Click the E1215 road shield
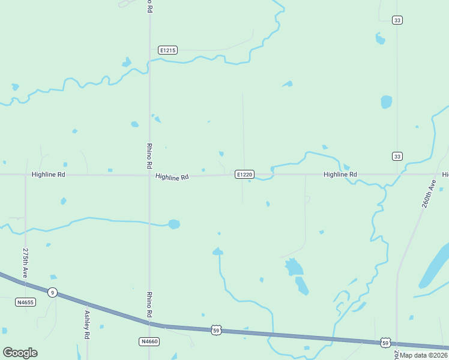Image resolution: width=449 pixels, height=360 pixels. click(x=167, y=50)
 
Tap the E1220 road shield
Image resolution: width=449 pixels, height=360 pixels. click(x=244, y=175)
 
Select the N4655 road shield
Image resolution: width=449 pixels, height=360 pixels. click(x=26, y=302)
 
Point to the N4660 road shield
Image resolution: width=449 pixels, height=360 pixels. click(x=149, y=341)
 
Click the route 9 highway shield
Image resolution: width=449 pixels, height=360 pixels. click(x=53, y=292)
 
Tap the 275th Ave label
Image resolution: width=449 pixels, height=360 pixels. click(x=26, y=262)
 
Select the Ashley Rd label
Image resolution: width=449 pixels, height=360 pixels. click(x=87, y=325)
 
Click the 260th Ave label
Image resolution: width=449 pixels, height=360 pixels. click(x=428, y=193)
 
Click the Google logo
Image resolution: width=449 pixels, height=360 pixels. click(x=20, y=353)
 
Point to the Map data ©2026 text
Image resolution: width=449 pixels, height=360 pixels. click(x=424, y=355)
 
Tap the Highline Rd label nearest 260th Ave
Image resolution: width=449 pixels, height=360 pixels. click(x=340, y=175)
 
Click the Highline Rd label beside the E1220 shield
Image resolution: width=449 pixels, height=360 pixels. click(x=172, y=177)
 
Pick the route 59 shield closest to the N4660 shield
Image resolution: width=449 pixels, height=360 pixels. click(x=216, y=330)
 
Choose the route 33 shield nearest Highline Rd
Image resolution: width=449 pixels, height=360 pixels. click(x=397, y=157)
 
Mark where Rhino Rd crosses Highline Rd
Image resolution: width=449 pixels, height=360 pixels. click(x=149, y=175)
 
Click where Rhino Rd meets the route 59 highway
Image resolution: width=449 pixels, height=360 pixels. click(x=149, y=323)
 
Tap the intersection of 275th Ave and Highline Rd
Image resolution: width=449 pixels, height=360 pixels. click(x=26, y=175)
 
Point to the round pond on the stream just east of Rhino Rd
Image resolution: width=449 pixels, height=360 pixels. click(x=173, y=224)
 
